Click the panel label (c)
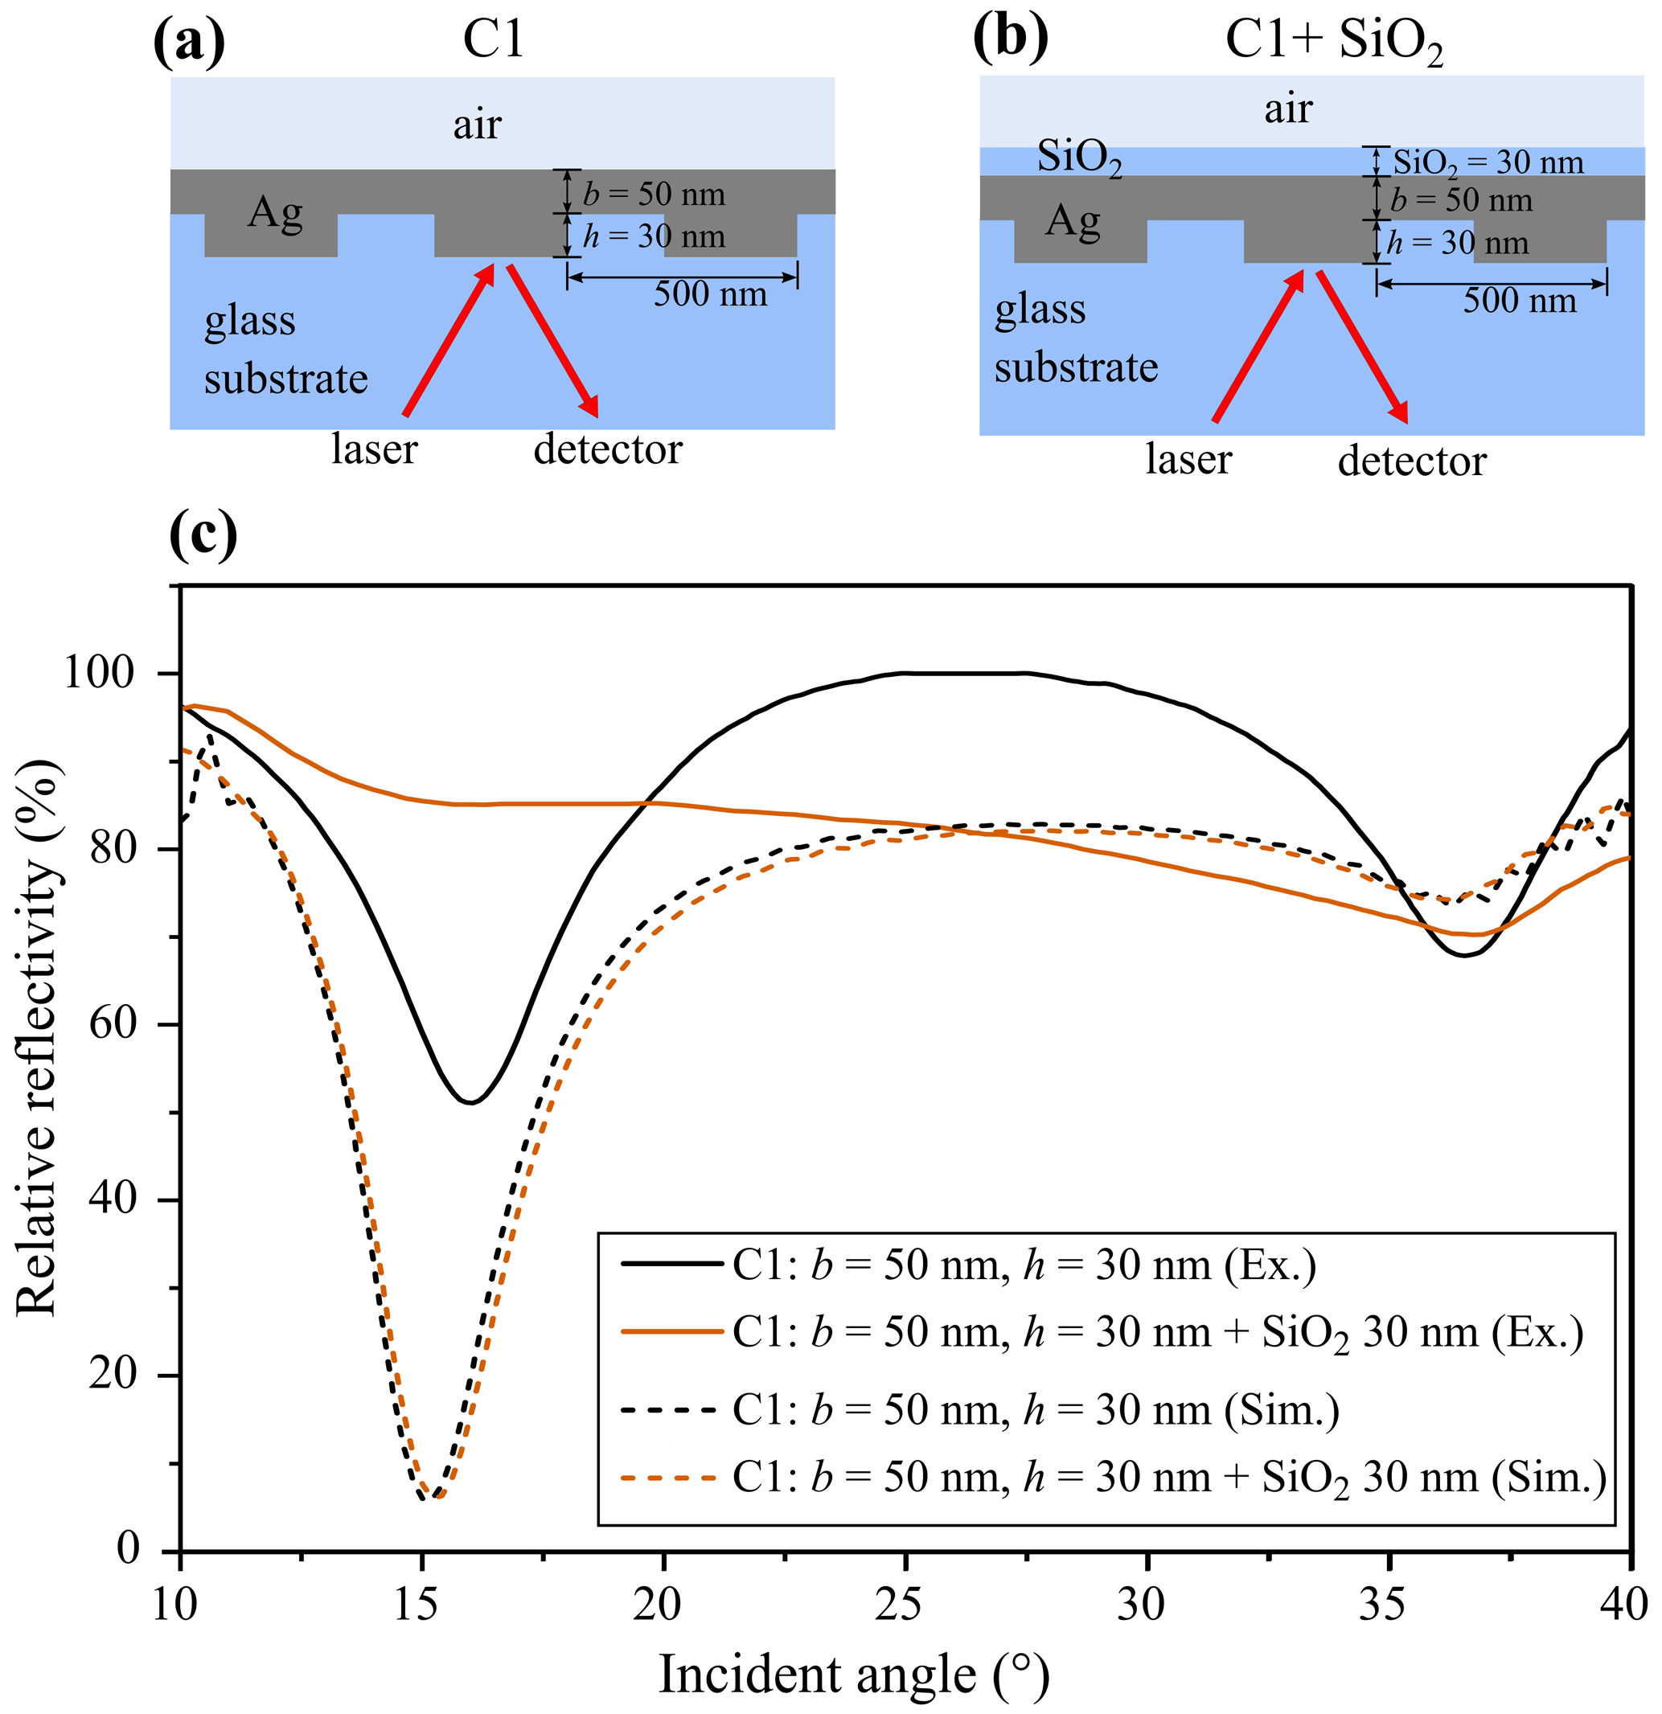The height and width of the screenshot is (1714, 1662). pos(203,535)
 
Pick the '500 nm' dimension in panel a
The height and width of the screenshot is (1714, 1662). pos(710,293)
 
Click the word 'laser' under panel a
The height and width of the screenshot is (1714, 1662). pos(375,449)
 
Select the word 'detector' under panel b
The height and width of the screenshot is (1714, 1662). pos(1412,461)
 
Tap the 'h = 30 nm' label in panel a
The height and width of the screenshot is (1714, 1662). pos(655,236)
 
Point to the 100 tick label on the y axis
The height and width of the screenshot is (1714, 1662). pos(99,674)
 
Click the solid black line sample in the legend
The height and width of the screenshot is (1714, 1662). pos(672,1264)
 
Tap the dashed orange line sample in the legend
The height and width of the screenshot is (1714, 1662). pos(672,1478)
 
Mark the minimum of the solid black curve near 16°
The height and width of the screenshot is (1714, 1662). pos(470,1102)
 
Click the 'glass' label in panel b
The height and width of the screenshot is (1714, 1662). pos(1040,310)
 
